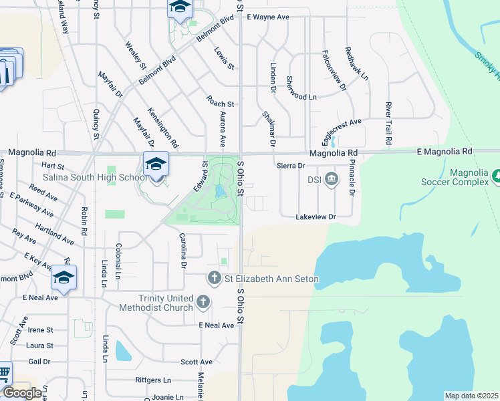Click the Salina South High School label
[94, 178]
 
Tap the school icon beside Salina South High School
[156, 163]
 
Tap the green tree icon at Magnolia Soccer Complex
[497, 176]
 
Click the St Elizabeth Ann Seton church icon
[215, 277]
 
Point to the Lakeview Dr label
[316, 217]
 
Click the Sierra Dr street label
[290, 165]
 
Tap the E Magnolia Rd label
[444, 152]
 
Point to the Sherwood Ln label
[301, 97]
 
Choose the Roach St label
[220, 104]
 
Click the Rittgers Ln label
[152, 380]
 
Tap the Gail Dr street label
[39, 362]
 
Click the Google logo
[22, 392]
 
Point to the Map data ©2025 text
[471, 396]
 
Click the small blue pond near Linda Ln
[123, 350]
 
